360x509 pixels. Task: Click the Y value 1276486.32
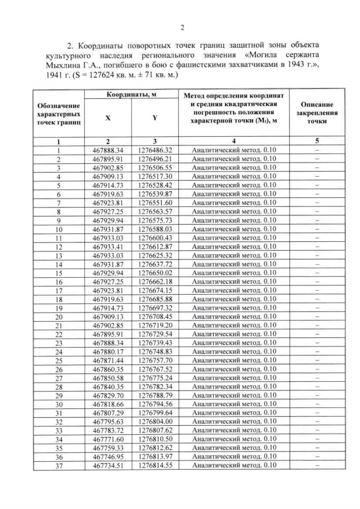click(x=155, y=150)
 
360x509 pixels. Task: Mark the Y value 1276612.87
click(x=155, y=246)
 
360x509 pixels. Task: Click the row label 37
click(x=58, y=465)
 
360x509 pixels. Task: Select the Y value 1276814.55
click(x=155, y=465)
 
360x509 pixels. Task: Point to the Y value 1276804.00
click(x=155, y=421)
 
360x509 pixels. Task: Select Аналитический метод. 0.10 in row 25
click(x=233, y=360)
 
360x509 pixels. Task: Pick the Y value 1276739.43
click(x=155, y=343)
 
